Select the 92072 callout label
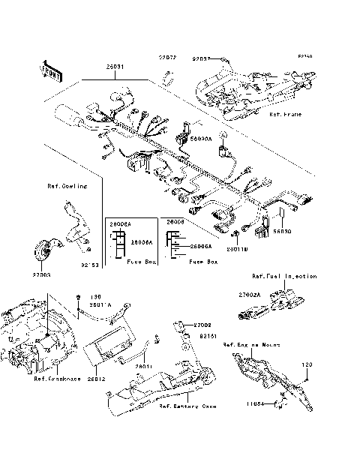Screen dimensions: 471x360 [166, 58]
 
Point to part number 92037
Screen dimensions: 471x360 [202, 58]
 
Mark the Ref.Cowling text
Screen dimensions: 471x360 [67, 185]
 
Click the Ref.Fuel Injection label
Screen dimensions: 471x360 [284, 276]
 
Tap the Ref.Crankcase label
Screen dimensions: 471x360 [55, 378]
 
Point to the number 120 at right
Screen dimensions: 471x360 [306, 364]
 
